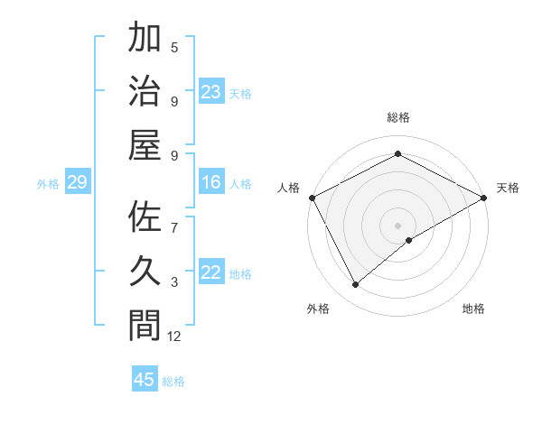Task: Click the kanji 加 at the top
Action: (x=145, y=41)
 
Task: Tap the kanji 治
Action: (x=145, y=93)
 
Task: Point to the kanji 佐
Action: (x=145, y=220)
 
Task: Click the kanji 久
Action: (x=145, y=272)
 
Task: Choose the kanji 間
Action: (x=145, y=324)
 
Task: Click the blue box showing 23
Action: (x=211, y=92)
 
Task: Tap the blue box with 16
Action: (x=211, y=183)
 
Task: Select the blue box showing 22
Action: (x=211, y=273)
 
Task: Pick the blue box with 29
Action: (x=77, y=183)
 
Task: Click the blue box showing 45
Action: (x=145, y=380)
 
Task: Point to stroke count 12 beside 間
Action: (x=174, y=336)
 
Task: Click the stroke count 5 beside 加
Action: (x=174, y=48)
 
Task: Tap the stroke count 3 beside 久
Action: (x=174, y=283)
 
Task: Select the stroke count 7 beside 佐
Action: (x=174, y=219)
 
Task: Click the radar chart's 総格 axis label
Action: (x=398, y=117)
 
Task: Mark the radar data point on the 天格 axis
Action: (x=484, y=198)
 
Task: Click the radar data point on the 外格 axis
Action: (x=356, y=285)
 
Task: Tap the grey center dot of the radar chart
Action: (x=398, y=225)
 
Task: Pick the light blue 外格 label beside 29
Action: (x=48, y=184)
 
